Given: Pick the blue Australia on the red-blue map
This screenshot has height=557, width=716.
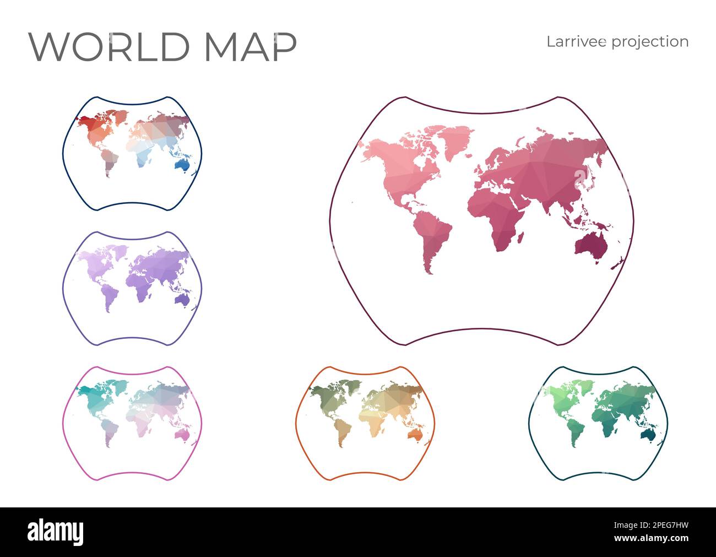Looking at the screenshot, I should [182, 164].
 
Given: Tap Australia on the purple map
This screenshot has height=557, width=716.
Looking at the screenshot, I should [182, 299].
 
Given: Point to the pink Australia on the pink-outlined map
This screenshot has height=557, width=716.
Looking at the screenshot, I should [182, 435].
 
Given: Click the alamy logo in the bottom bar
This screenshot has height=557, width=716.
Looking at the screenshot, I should [56, 532].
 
